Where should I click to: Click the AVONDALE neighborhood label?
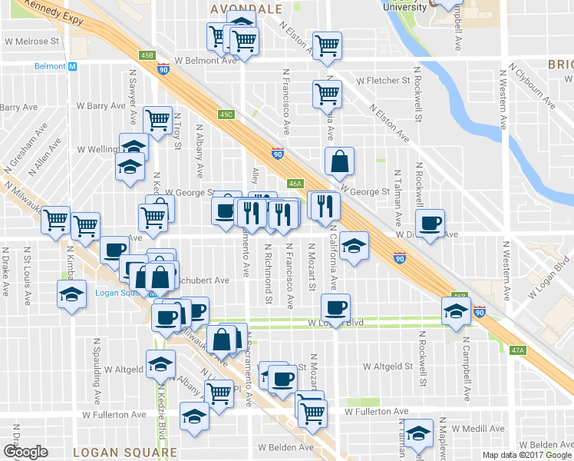[x=246, y=8]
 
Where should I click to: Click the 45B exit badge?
[x=147, y=55]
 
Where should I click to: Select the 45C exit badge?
[x=226, y=114]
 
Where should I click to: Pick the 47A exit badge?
[x=517, y=350]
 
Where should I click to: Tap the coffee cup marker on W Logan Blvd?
[x=335, y=307]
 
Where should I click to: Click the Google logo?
[x=25, y=452]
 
